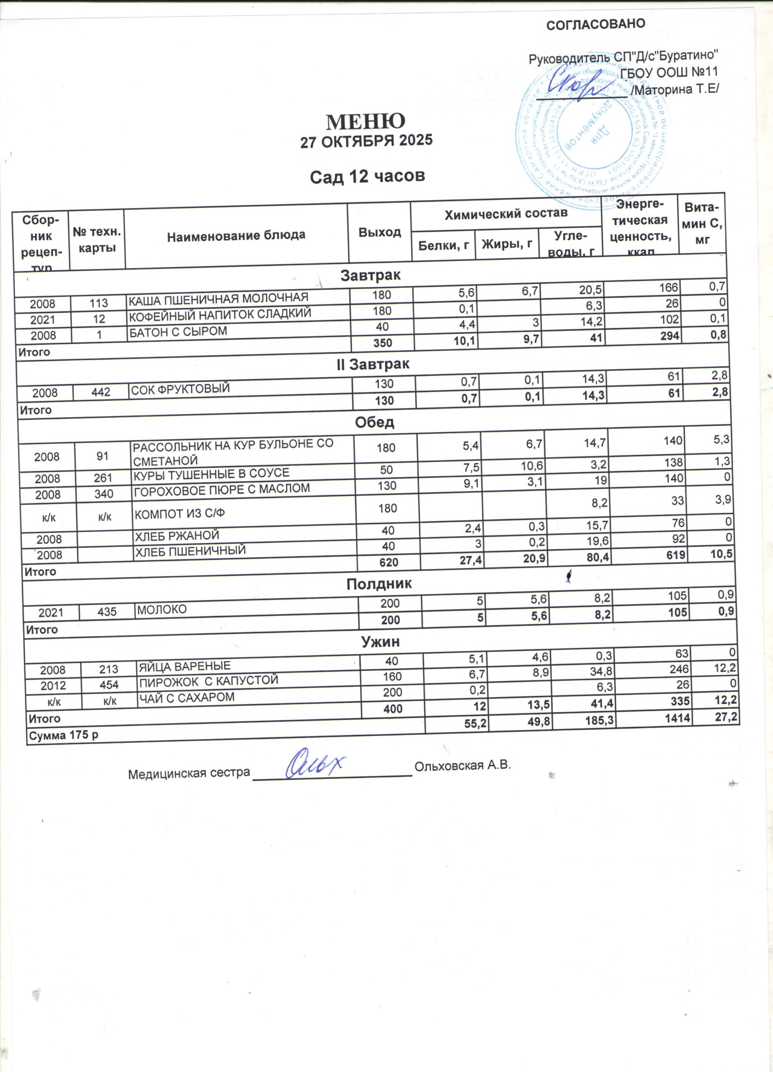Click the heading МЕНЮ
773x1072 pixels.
point(365,121)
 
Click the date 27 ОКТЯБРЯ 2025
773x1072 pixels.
point(367,141)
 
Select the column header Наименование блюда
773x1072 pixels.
point(236,235)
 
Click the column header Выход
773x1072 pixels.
point(379,232)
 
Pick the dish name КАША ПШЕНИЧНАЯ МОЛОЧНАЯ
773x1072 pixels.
point(218,298)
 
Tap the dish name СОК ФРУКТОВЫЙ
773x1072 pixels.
point(180,389)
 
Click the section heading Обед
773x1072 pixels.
point(375,422)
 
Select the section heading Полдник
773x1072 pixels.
point(379,584)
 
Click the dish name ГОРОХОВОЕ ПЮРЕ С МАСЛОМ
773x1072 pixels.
point(222,490)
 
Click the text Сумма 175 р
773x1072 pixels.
point(64,736)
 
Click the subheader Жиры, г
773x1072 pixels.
point(507,244)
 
